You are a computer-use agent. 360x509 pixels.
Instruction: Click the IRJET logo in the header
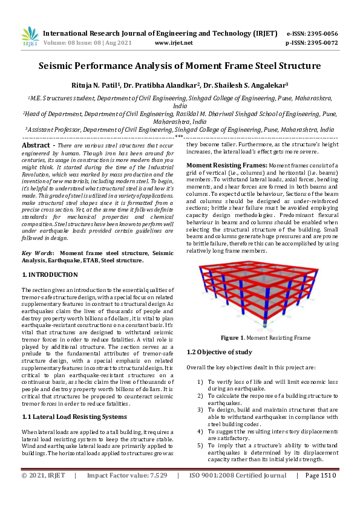30,37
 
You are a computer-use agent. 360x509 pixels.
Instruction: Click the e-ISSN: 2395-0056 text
312,34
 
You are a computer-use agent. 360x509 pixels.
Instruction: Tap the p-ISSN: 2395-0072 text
312,43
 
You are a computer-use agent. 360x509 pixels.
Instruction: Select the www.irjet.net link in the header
174,43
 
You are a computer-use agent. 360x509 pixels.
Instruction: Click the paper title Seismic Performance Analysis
180,66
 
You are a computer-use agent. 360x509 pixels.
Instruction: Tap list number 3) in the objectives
200,409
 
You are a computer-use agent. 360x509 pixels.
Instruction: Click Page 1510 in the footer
321,493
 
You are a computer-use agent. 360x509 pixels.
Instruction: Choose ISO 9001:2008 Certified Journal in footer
238,493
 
